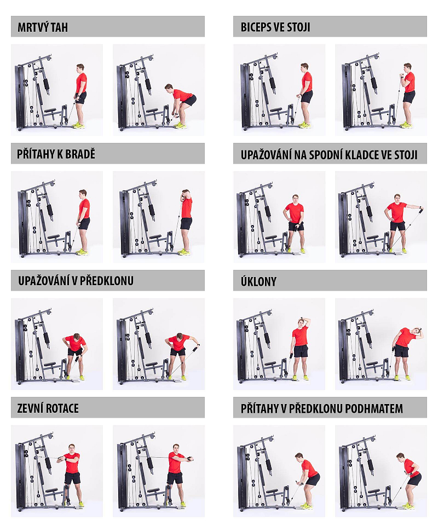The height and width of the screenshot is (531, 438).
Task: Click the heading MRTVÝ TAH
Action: pyautogui.click(x=43, y=27)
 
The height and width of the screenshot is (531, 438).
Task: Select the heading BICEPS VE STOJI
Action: pyautogui.click(x=275, y=27)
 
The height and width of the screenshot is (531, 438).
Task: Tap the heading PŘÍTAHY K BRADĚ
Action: pyautogui.click(x=56, y=154)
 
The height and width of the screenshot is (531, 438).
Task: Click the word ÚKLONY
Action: pyautogui.click(x=258, y=281)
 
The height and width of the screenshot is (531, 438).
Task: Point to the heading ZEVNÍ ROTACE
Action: pyautogui.click(x=48, y=408)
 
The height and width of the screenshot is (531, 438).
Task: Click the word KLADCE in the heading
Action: pyautogui.click(x=362, y=154)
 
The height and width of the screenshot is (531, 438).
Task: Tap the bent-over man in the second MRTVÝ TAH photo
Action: pyautogui.click(x=180, y=105)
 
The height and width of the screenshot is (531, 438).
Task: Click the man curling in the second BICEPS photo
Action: pyautogui.click(x=407, y=95)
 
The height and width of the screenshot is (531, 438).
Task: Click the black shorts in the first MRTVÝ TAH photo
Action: pyautogui.click(x=81, y=97)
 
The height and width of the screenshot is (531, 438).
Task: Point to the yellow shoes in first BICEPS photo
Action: pyautogui.click(x=305, y=125)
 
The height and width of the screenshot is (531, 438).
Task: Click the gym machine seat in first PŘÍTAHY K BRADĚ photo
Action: pyautogui.click(x=53, y=237)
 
